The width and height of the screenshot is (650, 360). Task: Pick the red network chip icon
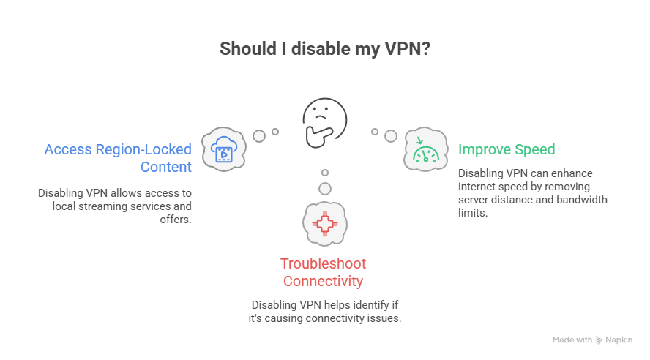[324, 222]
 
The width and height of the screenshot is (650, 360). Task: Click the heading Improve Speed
[507, 149]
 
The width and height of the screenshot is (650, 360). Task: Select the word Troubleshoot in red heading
[324, 263]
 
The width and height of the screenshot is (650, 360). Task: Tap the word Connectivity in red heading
[324, 281]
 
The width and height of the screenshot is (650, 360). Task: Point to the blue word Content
[166, 167]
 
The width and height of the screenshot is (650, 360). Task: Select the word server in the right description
[474, 200]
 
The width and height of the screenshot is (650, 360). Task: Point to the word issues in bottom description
[386, 318]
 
